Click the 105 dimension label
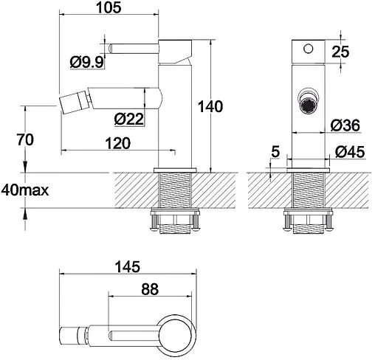[109, 7]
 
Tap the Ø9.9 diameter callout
[86, 62]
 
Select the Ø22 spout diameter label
[128, 119]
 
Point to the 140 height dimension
[210, 106]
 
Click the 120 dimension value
[118, 143]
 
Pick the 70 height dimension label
[25, 139]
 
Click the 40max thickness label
[25, 190]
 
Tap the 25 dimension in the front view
[340, 52]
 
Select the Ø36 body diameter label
[345, 125]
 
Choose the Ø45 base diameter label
[350, 152]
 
